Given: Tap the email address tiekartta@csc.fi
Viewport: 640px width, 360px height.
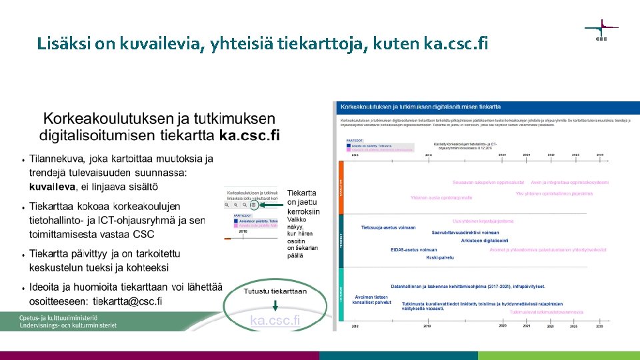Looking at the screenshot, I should point(127,301).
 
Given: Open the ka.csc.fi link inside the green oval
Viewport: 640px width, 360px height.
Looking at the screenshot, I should point(275,321).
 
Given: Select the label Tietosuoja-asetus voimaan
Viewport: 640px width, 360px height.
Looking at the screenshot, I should point(389,227).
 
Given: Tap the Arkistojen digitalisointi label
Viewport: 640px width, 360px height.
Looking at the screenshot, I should point(484,241).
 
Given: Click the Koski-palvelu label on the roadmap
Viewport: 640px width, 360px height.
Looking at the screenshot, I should point(440,257).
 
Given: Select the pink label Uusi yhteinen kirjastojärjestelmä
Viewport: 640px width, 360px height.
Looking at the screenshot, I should point(483,221).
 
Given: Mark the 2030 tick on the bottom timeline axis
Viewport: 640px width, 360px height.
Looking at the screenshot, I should point(599,326).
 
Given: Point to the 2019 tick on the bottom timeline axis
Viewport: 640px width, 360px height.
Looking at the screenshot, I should point(427,326).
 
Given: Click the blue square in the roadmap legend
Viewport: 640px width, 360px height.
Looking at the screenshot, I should point(348,145).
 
